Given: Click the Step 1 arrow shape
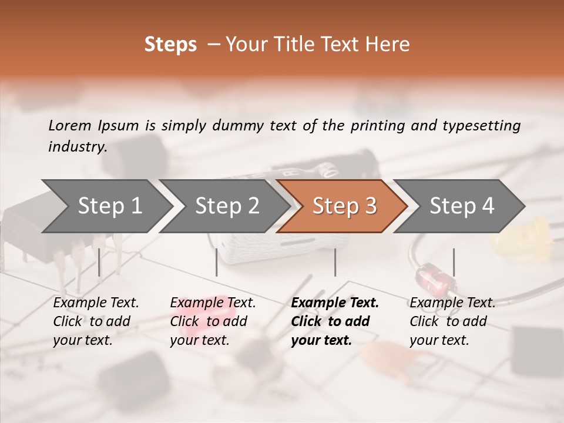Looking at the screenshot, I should (106, 206).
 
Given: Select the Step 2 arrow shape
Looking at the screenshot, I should (225, 206).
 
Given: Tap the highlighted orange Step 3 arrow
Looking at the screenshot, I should (343, 206).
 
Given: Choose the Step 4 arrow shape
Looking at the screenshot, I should (461, 206).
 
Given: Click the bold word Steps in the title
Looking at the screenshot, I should (170, 45).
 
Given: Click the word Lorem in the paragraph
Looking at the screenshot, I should (69, 125).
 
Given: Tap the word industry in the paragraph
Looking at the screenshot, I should (77, 146).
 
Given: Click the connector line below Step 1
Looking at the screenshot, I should (99, 262).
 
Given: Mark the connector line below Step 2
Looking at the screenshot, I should (217, 262).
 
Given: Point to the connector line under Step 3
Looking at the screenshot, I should (335, 262).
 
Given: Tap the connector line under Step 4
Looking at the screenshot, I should (454, 262).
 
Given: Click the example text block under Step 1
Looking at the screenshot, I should (96, 321).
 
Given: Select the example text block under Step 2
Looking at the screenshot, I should (213, 321).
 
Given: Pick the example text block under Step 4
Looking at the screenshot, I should (452, 321).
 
